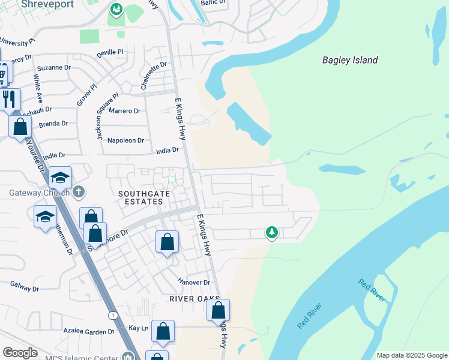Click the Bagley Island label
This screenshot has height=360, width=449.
350,60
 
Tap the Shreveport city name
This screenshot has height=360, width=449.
47,4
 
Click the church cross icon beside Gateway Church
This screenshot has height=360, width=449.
78,193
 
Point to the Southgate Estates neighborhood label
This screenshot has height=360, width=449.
141,197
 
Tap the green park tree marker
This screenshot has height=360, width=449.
272,232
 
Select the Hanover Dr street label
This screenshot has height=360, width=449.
194,282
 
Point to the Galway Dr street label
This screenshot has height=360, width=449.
24,289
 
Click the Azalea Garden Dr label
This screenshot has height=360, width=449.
88,331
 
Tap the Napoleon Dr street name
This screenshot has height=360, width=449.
125,140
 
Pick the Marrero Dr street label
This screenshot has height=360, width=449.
124,111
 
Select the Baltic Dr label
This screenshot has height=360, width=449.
213,2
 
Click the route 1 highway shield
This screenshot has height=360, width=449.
112,315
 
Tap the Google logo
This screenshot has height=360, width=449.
20,353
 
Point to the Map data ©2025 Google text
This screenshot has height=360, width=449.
411,355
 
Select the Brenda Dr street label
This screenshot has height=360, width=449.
53,124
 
